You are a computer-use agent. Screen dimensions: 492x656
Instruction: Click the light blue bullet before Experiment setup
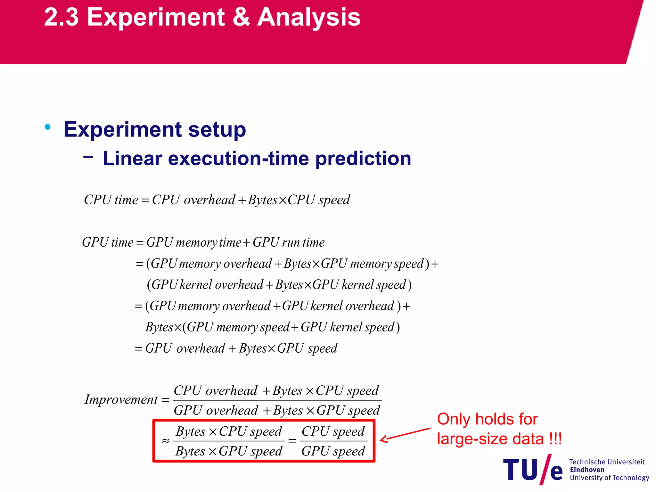coord(48,127)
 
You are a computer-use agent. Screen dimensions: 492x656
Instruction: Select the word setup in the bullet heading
coord(217,130)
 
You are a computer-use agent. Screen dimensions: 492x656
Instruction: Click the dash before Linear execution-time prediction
coord(88,157)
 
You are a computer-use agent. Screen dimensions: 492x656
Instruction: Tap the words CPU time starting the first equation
coord(111,200)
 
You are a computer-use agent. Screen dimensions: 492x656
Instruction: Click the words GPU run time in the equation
coord(289,242)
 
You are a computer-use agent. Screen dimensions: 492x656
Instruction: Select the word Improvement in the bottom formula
coord(121,399)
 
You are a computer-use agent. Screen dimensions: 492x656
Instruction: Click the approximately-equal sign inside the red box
coord(166,441)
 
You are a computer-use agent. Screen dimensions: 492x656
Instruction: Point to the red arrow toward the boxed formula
coord(405,434)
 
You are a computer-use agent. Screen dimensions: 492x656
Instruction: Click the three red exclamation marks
coord(555,439)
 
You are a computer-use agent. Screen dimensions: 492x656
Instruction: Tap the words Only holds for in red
coord(487,419)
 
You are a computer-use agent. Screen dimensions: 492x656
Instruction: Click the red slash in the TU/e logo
coord(545,470)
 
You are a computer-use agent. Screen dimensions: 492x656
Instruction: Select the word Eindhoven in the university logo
coord(587,470)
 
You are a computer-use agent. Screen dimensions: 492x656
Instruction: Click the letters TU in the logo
coord(521,470)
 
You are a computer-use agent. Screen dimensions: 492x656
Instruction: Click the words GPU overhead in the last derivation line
coord(185,348)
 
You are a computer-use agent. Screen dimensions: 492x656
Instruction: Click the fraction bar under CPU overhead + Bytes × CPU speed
coord(277,400)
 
